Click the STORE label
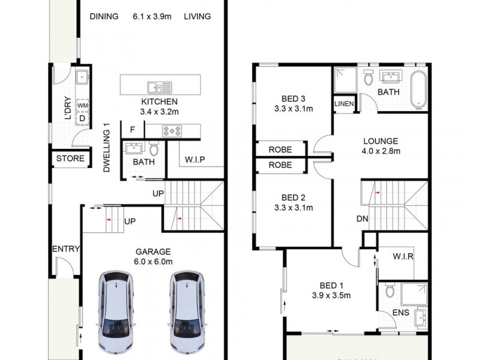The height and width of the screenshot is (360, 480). tap(71, 159)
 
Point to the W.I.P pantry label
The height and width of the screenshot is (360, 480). tap(196, 160)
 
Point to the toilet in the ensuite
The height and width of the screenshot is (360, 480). tap(391, 294)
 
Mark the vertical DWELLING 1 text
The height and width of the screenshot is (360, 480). tap(107, 148)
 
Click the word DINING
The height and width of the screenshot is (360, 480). tap(104, 16)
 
